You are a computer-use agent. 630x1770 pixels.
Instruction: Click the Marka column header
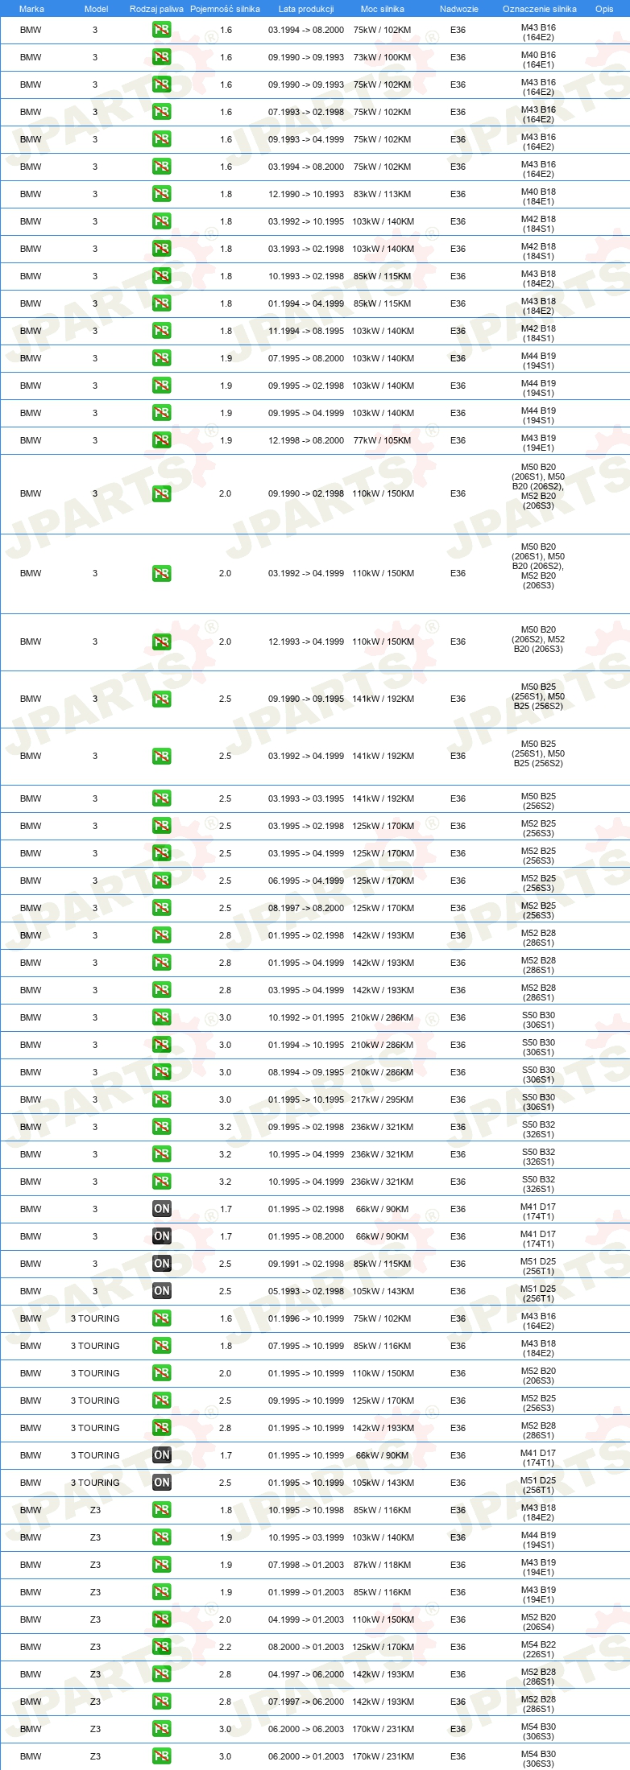pyautogui.click(x=31, y=9)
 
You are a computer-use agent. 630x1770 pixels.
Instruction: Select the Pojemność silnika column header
pyautogui.click(x=225, y=9)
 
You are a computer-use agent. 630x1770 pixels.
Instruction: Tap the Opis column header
pyautogui.click(x=604, y=9)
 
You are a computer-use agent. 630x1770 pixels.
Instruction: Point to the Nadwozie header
pyautogui.click(x=458, y=9)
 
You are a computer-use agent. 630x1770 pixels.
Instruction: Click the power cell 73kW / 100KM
pyautogui.click(x=382, y=57)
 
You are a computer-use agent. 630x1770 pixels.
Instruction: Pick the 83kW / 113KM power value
pyautogui.click(x=382, y=194)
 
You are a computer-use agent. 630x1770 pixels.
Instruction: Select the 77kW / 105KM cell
pyautogui.click(x=382, y=440)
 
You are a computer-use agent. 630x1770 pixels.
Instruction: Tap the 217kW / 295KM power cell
pyautogui.click(x=382, y=1100)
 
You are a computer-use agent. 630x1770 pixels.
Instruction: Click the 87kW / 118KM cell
pyautogui.click(x=382, y=1565)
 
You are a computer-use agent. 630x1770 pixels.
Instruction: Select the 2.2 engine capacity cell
pyautogui.click(x=226, y=1647)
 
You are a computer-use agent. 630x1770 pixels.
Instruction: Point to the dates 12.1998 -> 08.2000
pyautogui.click(x=306, y=440)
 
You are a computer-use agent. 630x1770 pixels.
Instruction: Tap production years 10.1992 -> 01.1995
pyautogui.click(x=306, y=1017)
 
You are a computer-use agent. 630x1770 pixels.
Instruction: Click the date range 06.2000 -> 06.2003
pyautogui.click(x=306, y=1729)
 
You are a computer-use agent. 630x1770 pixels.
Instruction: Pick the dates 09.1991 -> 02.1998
pyautogui.click(x=306, y=1264)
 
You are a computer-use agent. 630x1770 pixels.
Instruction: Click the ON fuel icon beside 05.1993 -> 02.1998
pyautogui.click(x=162, y=1291)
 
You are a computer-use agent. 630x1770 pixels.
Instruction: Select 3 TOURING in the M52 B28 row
pyautogui.click(x=95, y=1428)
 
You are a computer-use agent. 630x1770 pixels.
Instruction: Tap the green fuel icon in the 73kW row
pyautogui.click(x=162, y=57)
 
